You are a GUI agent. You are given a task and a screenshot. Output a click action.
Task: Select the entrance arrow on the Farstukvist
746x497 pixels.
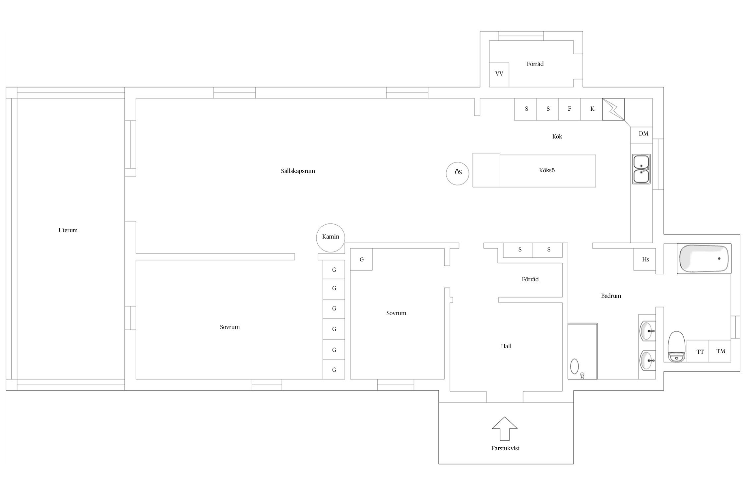tap(504, 428)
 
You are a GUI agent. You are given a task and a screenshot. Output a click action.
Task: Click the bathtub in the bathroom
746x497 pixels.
tap(704, 258)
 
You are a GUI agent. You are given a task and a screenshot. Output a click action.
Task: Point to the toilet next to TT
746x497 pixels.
tap(676, 346)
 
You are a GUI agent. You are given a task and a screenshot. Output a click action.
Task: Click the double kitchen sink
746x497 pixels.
tap(641, 169)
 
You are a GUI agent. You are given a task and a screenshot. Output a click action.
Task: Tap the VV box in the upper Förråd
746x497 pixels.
tap(499, 75)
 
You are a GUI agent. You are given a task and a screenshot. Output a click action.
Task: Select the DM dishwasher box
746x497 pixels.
tap(642, 135)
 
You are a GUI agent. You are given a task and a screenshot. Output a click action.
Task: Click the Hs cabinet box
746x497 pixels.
tap(645, 259)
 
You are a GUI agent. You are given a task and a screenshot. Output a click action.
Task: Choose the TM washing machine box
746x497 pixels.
tap(720, 351)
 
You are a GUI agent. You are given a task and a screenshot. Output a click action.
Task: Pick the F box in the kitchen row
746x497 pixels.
tap(569, 109)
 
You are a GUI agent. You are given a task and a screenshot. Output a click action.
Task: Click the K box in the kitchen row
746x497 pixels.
tap(591, 109)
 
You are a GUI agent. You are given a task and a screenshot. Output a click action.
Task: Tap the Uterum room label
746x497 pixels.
tap(68, 230)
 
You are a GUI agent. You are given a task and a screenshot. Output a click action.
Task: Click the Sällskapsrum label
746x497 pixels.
tap(298, 171)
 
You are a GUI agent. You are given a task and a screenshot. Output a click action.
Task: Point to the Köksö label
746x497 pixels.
tap(547, 170)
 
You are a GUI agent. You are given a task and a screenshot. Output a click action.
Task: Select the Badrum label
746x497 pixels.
tap(611, 296)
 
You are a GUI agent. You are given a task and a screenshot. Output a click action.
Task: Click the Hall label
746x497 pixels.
tap(506, 346)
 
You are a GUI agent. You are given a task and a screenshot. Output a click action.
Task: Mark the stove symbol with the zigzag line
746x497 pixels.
tap(613, 109)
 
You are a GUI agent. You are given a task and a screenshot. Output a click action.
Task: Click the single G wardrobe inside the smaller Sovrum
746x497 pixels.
tap(361, 259)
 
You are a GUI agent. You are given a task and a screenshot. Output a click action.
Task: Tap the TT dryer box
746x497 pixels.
tap(698, 351)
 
